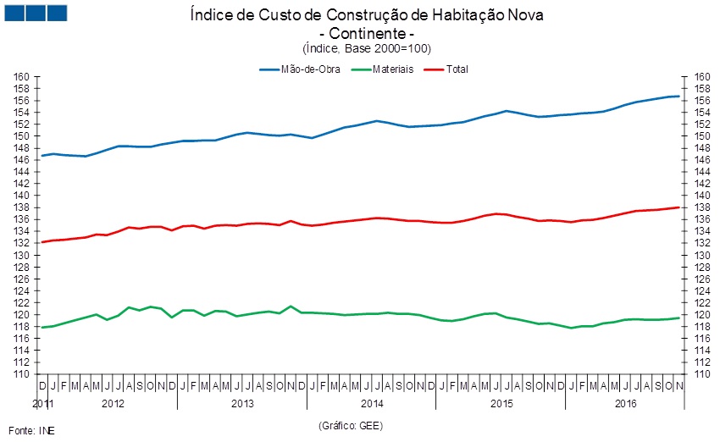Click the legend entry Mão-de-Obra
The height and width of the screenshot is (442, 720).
[310, 69]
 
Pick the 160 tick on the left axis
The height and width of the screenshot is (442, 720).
[22, 76]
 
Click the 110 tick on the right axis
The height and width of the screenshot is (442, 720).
[701, 374]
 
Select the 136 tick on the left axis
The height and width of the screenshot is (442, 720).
[22, 219]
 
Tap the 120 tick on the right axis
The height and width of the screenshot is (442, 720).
[701, 315]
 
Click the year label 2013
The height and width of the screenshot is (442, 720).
[242, 403]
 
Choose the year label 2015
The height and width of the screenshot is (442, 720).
[502, 403]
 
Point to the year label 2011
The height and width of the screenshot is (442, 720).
[42, 403]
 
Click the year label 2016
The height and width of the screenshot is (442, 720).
[627, 403]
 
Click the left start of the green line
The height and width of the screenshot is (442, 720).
[42, 327]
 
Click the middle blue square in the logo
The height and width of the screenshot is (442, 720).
[36, 13]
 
